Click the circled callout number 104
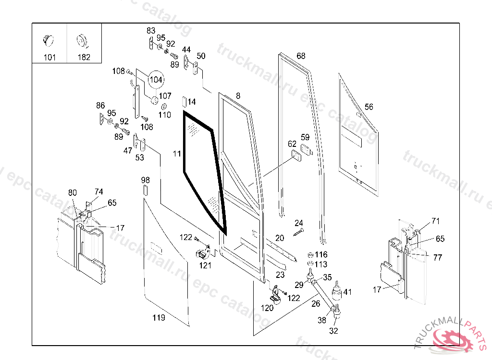(156, 80)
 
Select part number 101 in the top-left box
(49, 58)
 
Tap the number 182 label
(84, 57)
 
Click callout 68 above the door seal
(301, 56)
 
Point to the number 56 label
(369, 107)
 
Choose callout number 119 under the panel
(159, 318)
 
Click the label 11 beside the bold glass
(177, 154)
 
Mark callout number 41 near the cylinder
(348, 292)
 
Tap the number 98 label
(145, 180)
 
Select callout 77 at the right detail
(438, 258)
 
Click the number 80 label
(73, 192)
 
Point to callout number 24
(299, 223)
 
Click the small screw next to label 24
(298, 232)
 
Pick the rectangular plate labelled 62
(296, 156)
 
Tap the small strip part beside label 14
(184, 102)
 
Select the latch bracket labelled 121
(203, 252)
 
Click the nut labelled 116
(310, 254)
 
